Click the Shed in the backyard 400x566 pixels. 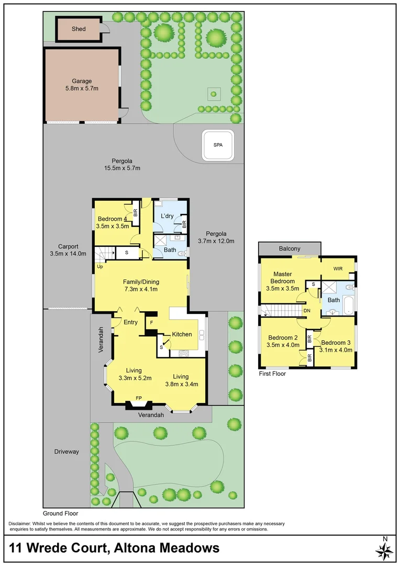(78, 29)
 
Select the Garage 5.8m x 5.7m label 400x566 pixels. (82, 85)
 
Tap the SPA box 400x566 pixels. (217, 145)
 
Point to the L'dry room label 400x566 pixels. (167, 216)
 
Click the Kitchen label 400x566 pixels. (182, 334)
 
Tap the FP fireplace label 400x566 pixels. (139, 398)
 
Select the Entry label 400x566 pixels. (130, 322)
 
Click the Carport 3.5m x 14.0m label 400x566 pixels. (68, 250)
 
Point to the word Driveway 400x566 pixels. (67, 451)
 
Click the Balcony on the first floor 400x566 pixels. (290, 248)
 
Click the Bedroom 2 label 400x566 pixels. (283, 341)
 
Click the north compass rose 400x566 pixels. (385, 549)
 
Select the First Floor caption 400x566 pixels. (272, 374)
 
